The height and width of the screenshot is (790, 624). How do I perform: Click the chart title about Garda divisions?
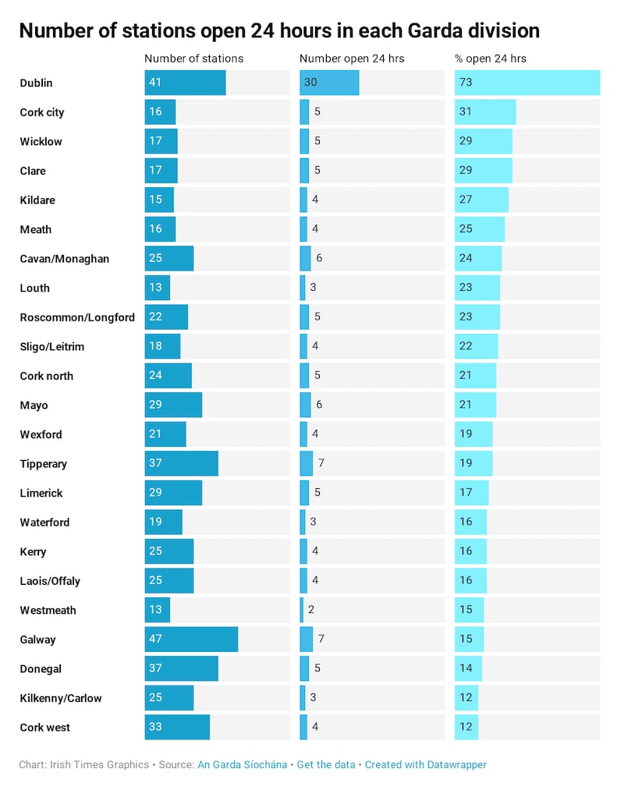(x=279, y=30)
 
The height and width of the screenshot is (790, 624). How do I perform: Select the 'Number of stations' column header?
(x=194, y=58)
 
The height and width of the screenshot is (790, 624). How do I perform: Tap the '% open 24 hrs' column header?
(x=491, y=58)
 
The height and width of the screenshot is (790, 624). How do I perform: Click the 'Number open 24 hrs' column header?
(x=352, y=58)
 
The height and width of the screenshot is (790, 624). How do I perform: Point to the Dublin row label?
(x=37, y=83)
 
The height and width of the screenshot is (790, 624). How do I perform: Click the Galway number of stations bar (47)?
(x=191, y=639)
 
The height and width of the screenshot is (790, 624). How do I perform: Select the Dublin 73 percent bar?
(x=527, y=83)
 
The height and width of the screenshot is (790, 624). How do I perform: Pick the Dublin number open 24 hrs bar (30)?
(x=329, y=83)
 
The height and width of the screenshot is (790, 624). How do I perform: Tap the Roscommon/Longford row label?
(x=77, y=317)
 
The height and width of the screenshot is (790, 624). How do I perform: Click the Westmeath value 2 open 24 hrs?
(x=311, y=610)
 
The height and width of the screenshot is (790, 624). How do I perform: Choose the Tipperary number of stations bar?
(x=181, y=463)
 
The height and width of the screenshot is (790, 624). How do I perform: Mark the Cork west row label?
(x=45, y=728)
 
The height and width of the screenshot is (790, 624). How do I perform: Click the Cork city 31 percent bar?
(x=485, y=112)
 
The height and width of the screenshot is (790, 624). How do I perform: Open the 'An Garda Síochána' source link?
(x=241, y=765)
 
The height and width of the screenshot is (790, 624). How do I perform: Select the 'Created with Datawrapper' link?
(x=426, y=765)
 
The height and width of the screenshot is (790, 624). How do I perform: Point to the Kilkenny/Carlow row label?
(x=61, y=698)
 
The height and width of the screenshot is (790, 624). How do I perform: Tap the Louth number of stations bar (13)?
(x=157, y=288)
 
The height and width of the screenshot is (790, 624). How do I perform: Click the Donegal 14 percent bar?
(x=468, y=668)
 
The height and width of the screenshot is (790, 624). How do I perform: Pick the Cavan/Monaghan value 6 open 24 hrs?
(x=319, y=258)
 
